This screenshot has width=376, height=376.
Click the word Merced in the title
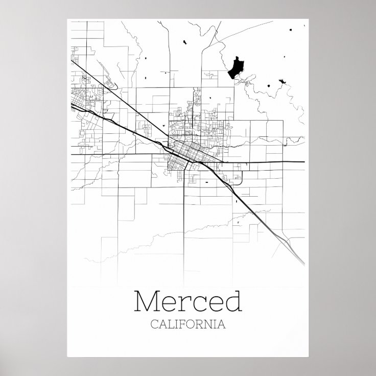(x=187, y=302)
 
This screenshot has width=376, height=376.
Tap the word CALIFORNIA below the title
(x=187, y=324)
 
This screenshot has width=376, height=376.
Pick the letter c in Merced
(x=198, y=304)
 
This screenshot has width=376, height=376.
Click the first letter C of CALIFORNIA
(x=154, y=324)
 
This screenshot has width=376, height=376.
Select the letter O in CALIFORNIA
(x=194, y=324)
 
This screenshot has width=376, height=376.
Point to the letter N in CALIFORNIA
(x=212, y=324)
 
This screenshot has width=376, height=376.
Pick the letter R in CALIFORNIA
(x=203, y=324)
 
